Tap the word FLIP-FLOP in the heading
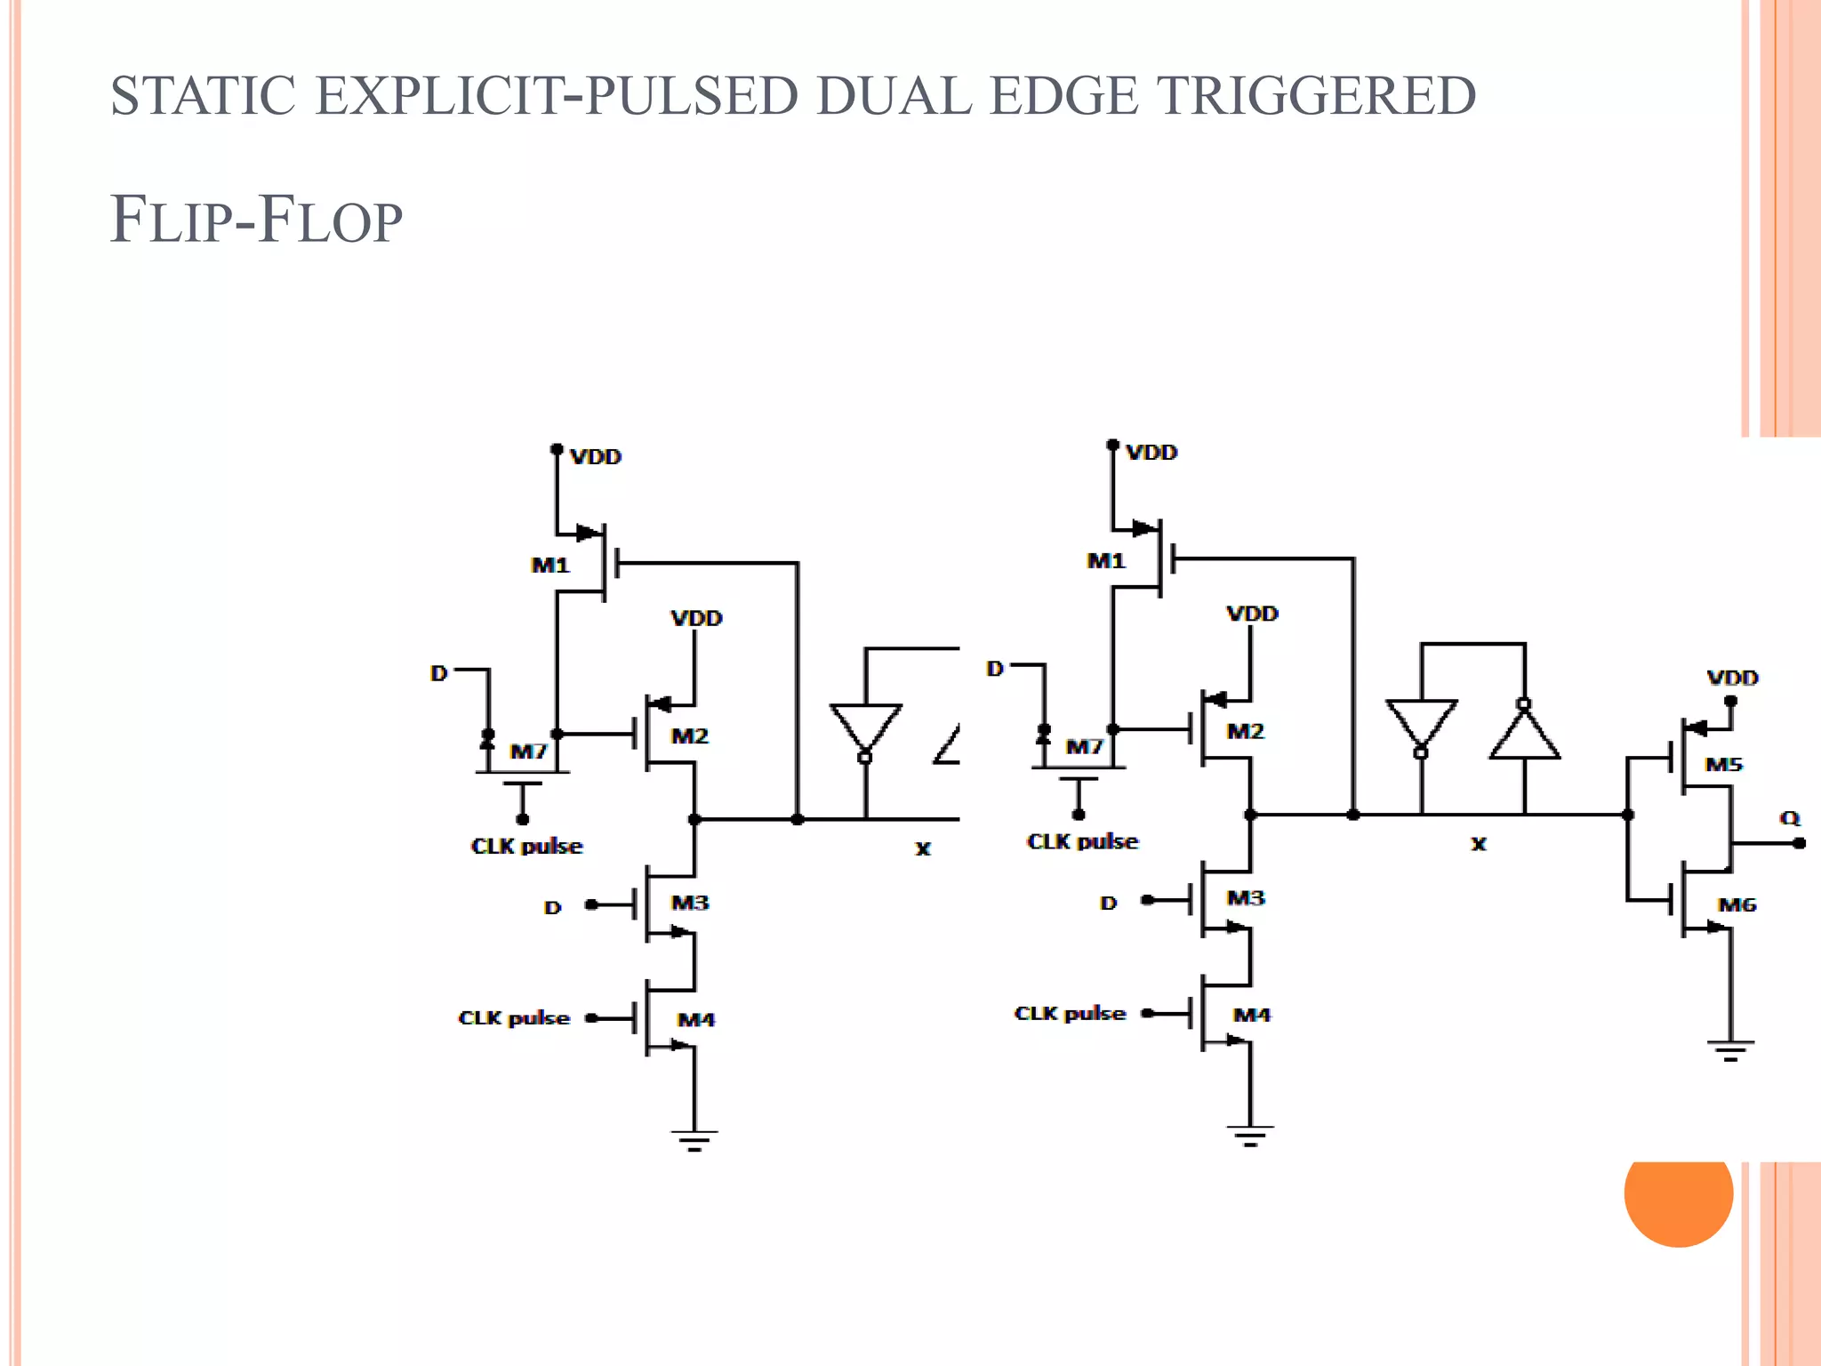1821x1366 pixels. [x=256, y=220]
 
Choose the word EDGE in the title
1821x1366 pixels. [x=1063, y=96]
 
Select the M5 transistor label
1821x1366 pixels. [x=1723, y=765]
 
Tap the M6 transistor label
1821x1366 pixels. [x=1737, y=905]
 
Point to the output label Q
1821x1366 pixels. [x=1789, y=817]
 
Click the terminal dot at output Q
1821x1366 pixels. [x=1799, y=843]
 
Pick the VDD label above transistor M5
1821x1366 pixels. [x=1732, y=678]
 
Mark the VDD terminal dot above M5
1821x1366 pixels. [x=1730, y=701]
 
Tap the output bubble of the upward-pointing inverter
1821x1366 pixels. [x=1524, y=704]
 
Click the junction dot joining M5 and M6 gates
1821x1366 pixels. [x=1627, y=815]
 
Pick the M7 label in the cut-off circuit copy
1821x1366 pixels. [x=528, y=752]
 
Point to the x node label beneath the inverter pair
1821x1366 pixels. [x=1478, y=843]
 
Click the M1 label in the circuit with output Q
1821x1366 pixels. [x=1106, y=561]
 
